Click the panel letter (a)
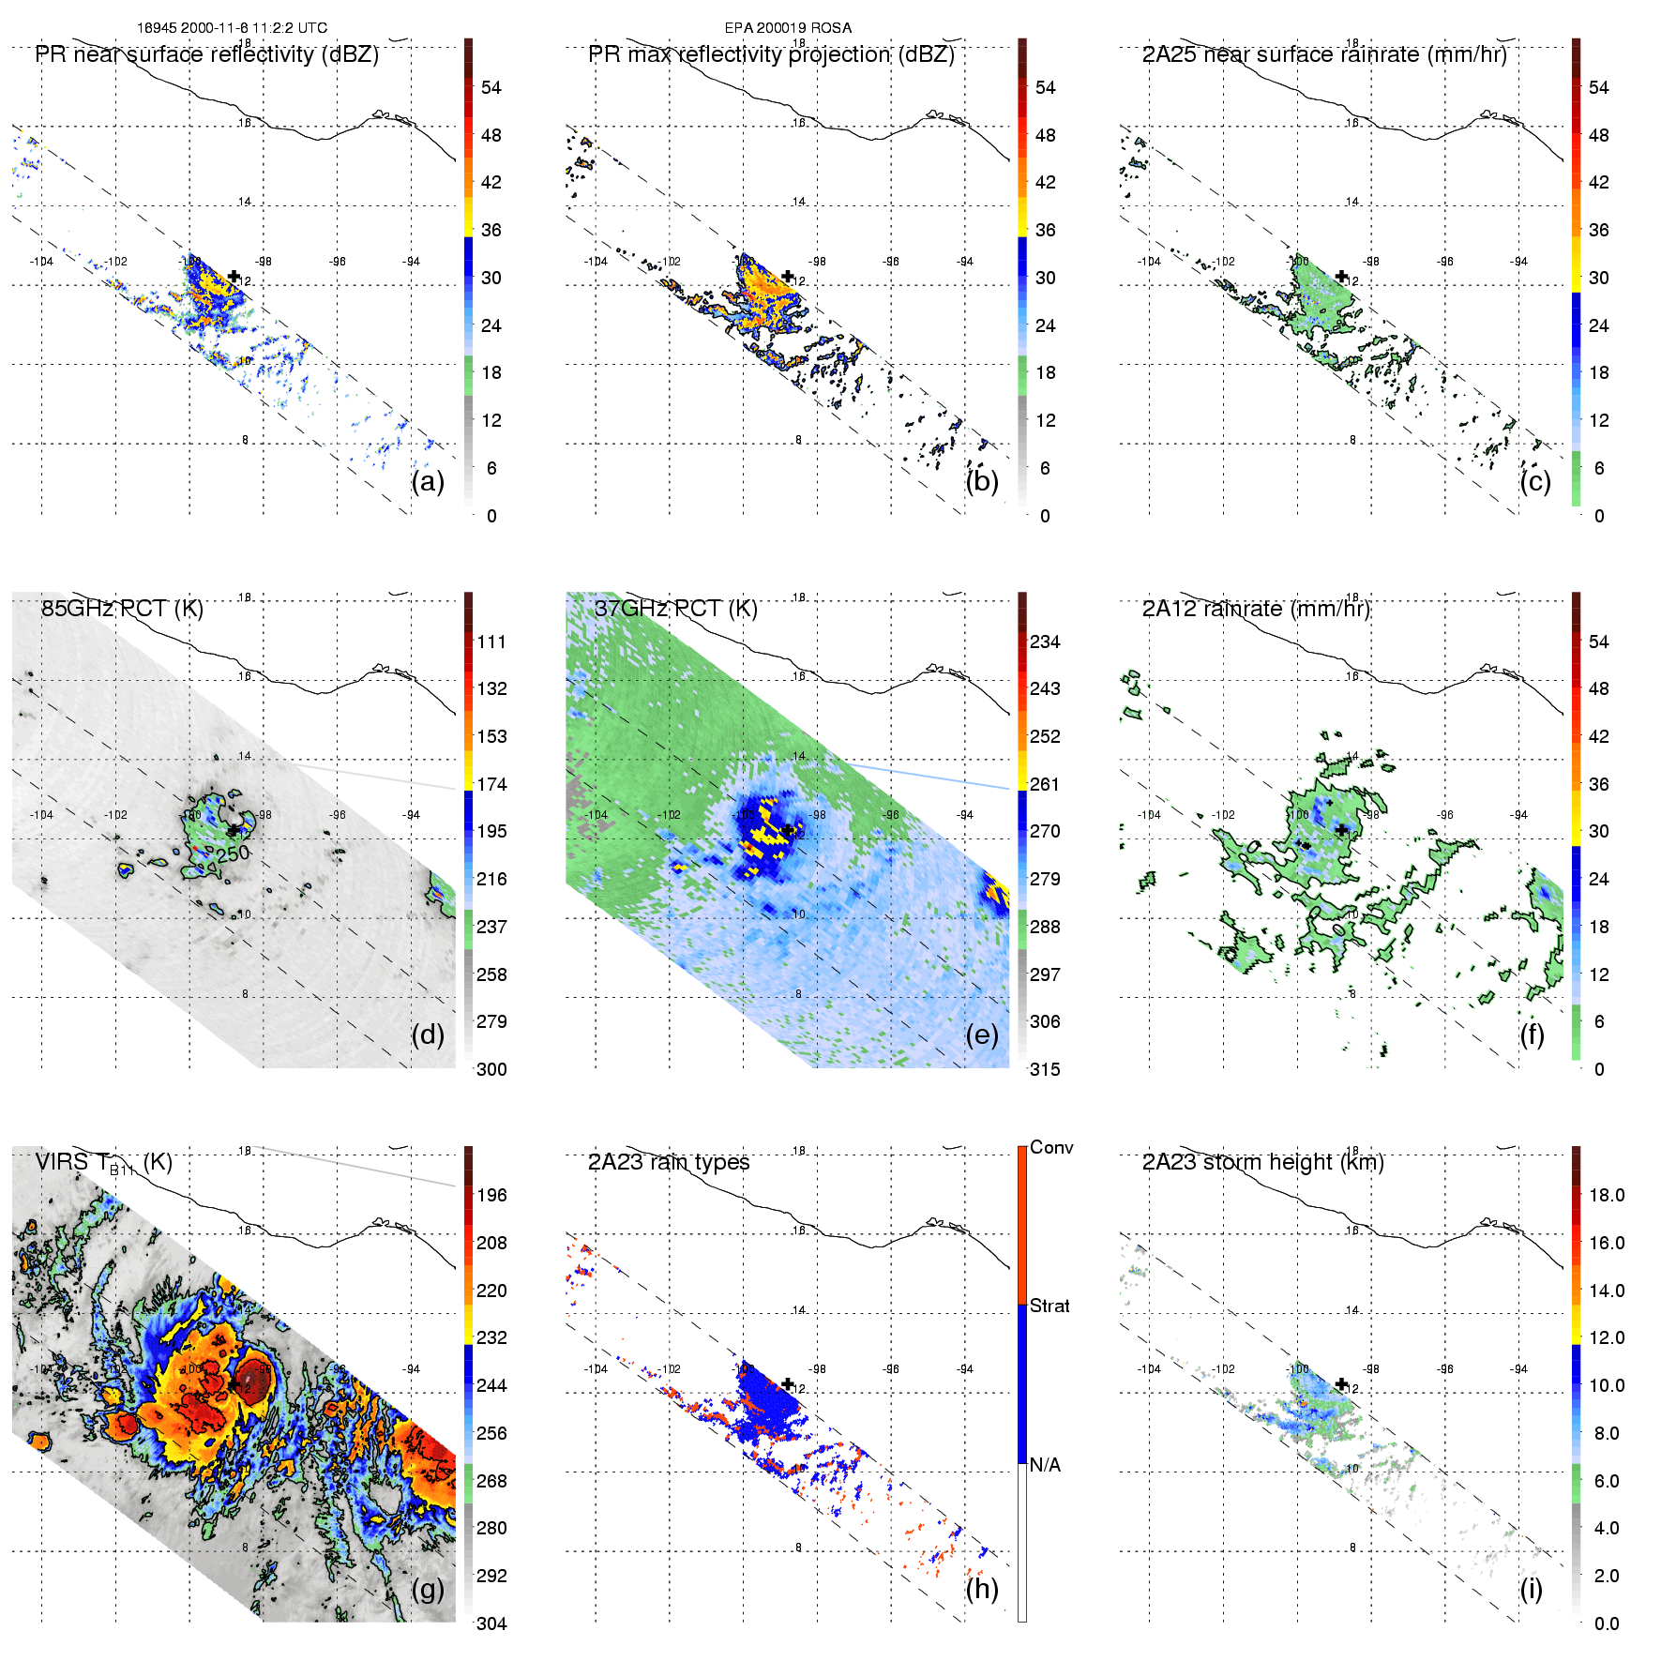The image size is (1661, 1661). click(x=428, y=482)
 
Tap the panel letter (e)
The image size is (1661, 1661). click(x=982, y=1035)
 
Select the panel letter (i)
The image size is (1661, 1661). click(x=1531, y=1589)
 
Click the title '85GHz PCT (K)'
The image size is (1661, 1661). click(x=122, y=609)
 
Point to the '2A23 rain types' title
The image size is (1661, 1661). click(x=669, y=1162)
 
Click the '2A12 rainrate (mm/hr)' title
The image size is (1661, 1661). click(x=1256, y=609)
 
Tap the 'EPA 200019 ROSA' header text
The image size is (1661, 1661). click(x=788, y=28)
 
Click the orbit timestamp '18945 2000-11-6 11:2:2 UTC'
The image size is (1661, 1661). click(x=233, y=28)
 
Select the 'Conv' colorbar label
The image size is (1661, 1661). click(x=1051, y=1148)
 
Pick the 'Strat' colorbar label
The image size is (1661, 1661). click(x=1049, y=1306)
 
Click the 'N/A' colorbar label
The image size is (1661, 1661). click(x=1045, y=1465)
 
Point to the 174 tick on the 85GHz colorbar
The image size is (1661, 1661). click(x=491, y=784)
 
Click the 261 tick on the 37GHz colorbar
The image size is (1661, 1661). click(x=1045, y=784)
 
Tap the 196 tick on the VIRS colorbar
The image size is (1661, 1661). click(x=491, y=1195)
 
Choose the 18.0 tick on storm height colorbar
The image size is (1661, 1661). click(x=1607, y=1195)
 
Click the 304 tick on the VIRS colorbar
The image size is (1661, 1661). click(x=491, y=1623)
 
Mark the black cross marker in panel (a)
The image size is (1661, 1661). click(x=234, y=276)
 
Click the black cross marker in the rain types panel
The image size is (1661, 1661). click(x=788, y=1383)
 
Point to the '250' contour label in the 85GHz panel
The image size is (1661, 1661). click(x=233, y=853)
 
